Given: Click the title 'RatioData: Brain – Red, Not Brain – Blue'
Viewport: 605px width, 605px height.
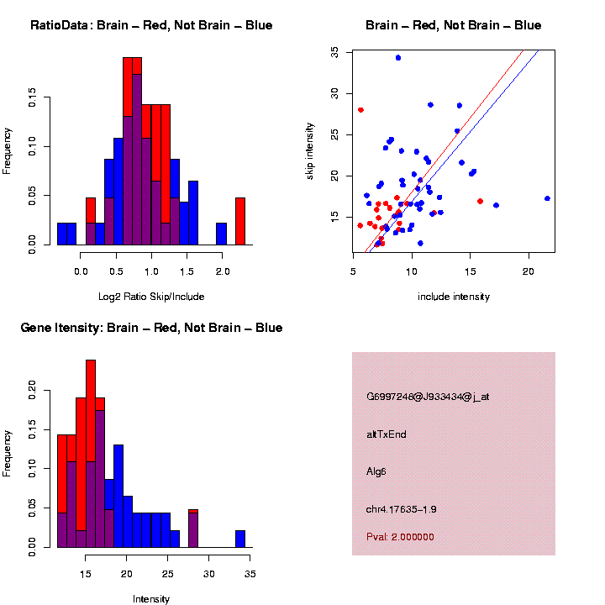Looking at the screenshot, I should click(151, 25).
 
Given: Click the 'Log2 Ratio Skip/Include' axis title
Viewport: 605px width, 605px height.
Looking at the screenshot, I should click(151, 297).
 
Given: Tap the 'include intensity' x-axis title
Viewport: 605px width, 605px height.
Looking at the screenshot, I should click(454, 297).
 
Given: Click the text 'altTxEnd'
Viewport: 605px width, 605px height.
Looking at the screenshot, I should click(387, 434).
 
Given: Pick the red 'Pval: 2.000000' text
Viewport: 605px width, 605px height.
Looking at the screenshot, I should click(400, 536).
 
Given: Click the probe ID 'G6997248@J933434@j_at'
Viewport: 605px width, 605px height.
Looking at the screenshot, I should click(428, 397).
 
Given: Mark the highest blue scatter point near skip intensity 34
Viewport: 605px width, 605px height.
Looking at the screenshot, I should click(398, 58).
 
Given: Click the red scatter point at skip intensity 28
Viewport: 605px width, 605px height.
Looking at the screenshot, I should click(360, 110).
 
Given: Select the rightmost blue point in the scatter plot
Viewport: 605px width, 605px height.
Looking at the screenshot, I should click(547, 198).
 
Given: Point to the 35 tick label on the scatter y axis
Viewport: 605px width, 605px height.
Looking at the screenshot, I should click(334, 51).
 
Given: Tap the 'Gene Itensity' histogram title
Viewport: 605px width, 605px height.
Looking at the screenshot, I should click(151, 328).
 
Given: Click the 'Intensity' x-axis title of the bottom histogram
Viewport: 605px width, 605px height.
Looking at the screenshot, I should click(151, 599).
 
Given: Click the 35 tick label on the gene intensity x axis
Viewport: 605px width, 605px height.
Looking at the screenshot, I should click(250, 573).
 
